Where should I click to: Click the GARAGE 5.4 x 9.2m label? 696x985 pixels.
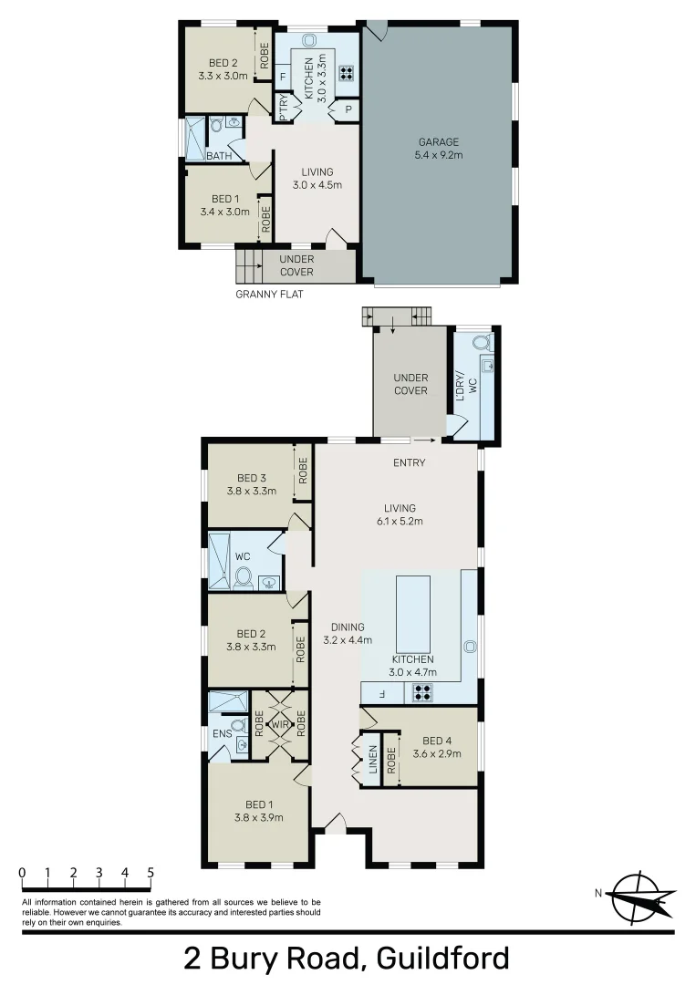[439, 148]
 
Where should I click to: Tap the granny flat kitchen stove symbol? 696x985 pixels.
[347, 73]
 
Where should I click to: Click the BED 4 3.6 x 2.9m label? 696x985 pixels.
[437, 747]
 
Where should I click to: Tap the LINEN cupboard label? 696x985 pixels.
[372, 760]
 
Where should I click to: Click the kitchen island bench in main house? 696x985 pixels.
[412, 614]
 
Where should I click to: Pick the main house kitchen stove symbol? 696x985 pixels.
[421, 693]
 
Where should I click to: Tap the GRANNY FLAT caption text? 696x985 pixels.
[269, 294]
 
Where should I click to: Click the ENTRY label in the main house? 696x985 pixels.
[410, 462]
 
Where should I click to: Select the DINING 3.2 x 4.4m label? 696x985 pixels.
[343, 633]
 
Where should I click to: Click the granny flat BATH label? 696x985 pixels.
[218, 156]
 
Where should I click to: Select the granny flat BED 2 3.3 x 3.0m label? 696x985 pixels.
[223, 69]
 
